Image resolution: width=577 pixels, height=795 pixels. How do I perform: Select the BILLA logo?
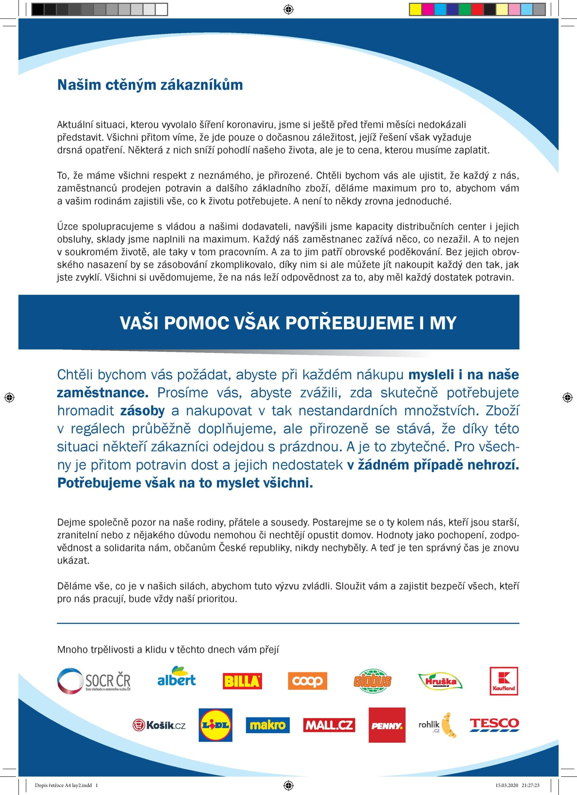[x=242, y=681]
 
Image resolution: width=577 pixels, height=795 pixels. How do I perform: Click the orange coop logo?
[x=307, y=681]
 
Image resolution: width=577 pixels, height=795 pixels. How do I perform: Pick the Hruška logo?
[x=440, y=681]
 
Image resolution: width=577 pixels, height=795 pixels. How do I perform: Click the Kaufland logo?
[x=503, y=681]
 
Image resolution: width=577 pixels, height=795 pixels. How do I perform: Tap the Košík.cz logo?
[x=159, y=725]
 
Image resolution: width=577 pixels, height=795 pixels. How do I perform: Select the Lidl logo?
[x=215, y=725]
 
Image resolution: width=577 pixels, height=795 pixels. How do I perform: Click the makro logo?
[x=268, y=725]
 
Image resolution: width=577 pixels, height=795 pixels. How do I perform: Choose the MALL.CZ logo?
[x=329, y=725]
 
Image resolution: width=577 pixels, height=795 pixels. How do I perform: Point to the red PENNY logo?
[x=387, y=725]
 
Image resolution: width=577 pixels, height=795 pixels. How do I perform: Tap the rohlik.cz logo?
[x=437, y=725]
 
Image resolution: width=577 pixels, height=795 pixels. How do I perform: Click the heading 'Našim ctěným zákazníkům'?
[x=150, y=85]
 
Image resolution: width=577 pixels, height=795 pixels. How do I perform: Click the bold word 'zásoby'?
[x=142, y=411]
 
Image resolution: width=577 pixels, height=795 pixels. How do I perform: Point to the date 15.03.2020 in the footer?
[x=506, y=786]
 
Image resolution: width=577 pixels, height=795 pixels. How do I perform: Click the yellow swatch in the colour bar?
[x=416, y=9]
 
